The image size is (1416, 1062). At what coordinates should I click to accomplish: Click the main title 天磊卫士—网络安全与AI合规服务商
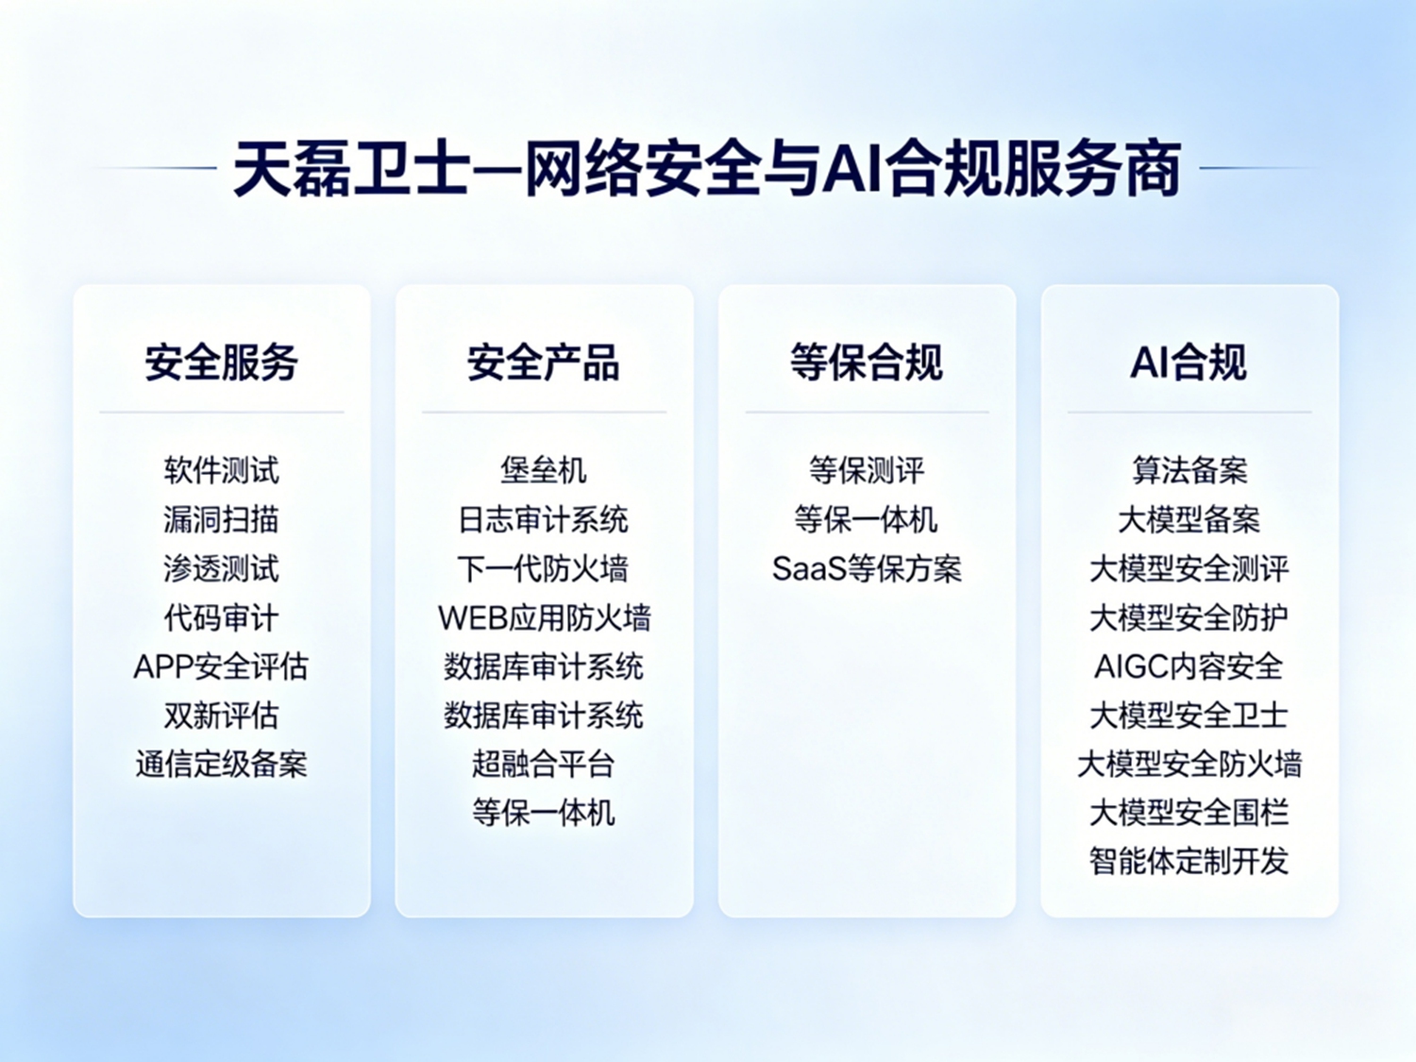click(x=707, y=169)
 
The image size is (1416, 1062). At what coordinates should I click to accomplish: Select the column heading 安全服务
click(x=221, y=362)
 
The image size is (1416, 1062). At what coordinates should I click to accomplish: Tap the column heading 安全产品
click(x=544, y=362)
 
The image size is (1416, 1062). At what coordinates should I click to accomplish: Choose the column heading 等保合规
click(x=867, y=362)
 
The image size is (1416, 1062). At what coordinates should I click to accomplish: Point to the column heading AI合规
click(x=1188, y=362)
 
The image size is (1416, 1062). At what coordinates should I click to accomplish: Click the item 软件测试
click(x=221, y=470)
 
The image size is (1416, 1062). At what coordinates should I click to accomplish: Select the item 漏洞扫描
click(x=221, y=520)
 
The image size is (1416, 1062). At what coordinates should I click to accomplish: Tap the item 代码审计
click(x=221, y=617)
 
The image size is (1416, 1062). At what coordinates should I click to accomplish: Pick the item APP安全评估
click(x=221, y=666)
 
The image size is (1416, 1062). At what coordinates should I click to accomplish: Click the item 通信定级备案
click(x=221, y=764)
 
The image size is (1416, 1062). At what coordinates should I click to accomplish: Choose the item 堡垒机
click(x=544, y=470)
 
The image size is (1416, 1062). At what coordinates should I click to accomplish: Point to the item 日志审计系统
click(x=544, y=520)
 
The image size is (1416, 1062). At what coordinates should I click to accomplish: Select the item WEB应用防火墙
click(x=545, y=617)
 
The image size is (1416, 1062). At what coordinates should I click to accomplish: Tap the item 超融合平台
click(x=544, y=764)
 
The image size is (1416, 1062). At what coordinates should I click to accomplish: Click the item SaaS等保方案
click(x=867, y=568)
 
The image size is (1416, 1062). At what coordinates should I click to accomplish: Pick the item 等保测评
click(x=867, y=470)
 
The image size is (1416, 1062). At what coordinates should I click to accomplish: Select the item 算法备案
click(x=1189, y=470)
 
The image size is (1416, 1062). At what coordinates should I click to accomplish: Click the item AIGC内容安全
click(x=1188, y=666)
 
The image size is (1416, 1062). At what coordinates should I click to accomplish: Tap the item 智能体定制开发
click(x=1188, y=861)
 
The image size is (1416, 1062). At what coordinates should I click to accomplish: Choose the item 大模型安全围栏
click(x=1188, y=813)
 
